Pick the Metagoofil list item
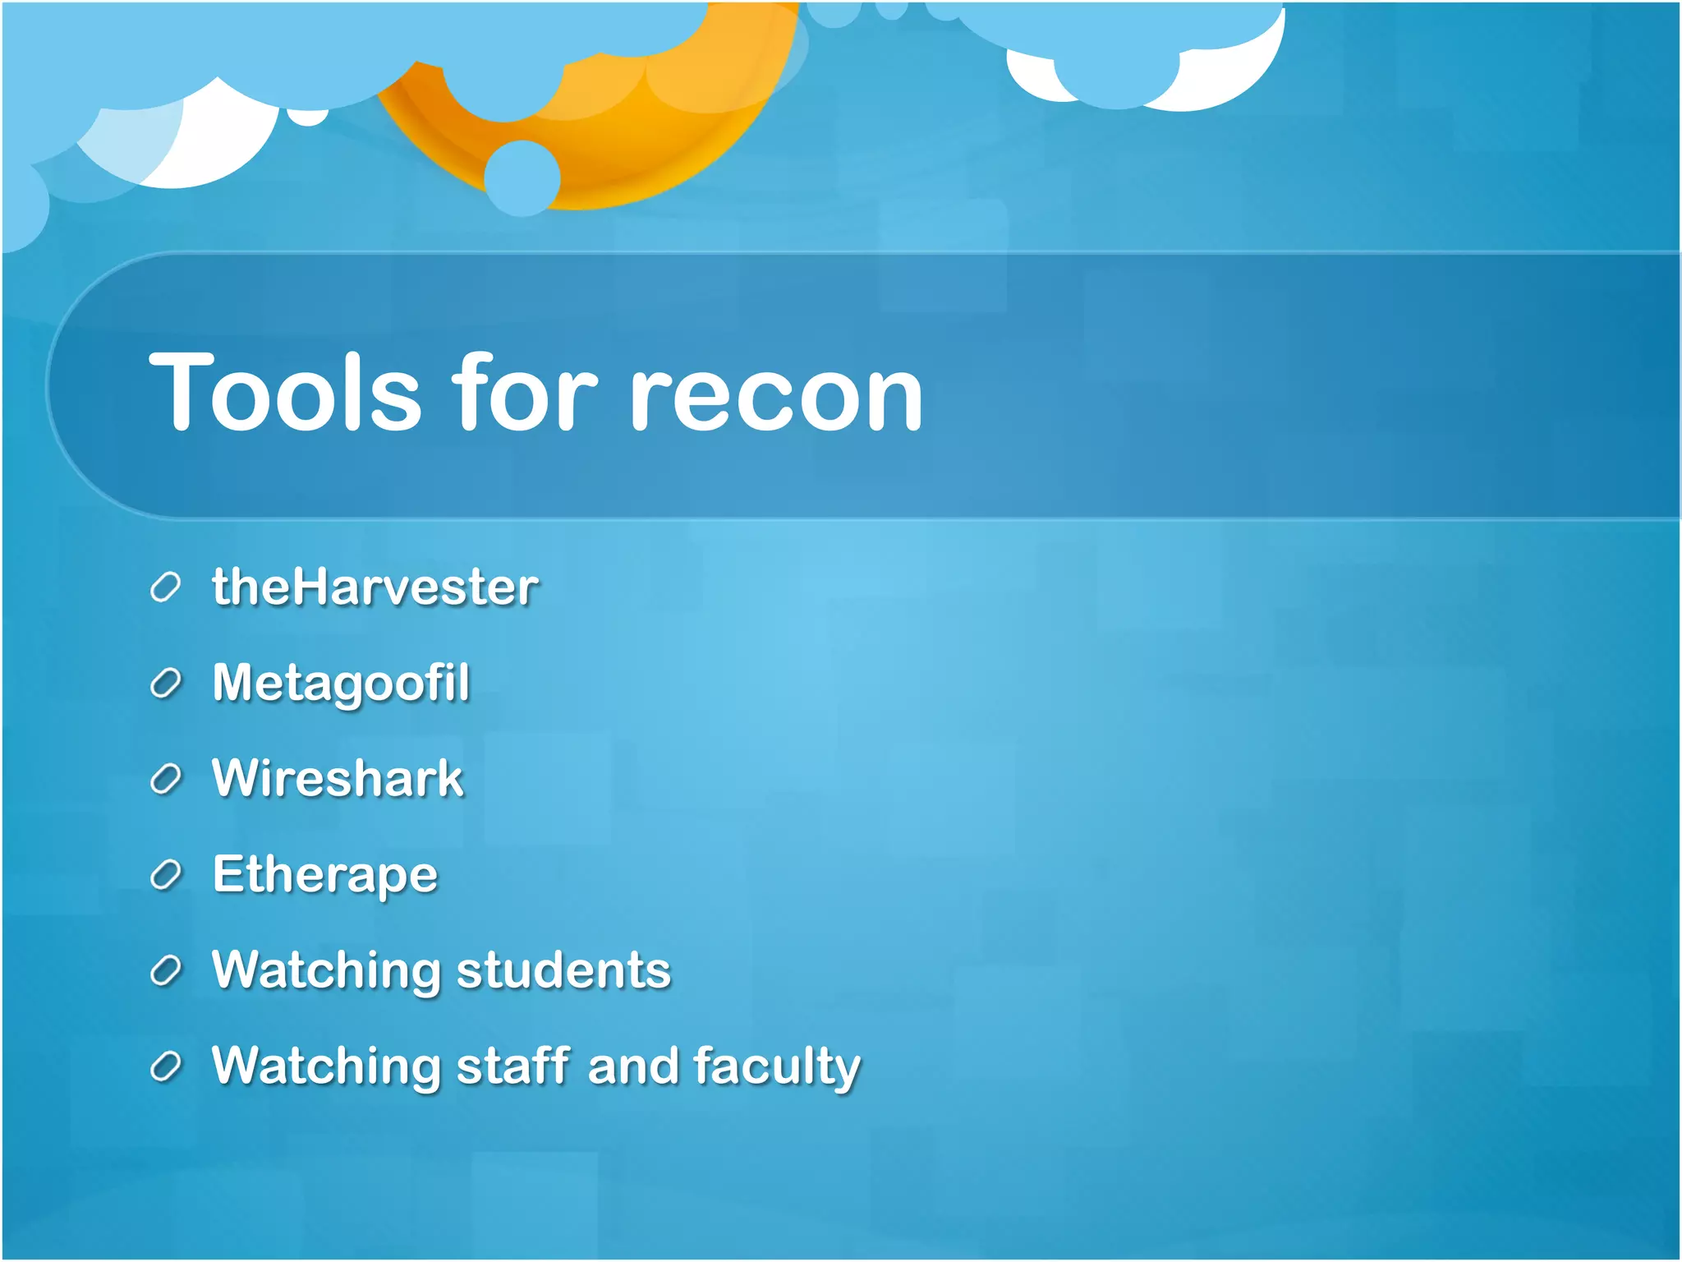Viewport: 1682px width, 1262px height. (x=341, y=683)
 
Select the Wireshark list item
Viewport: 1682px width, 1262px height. (x=338, y=778)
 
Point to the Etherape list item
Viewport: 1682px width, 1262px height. (x=325, y=874)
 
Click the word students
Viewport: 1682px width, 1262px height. (x=563, y=970)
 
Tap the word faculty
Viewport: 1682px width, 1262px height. (x=777, y=1067)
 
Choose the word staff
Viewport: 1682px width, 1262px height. (x=513, y=1066)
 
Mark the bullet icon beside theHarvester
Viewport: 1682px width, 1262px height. (x=165, y=588)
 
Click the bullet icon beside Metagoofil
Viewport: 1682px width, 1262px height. (x=165, y=684)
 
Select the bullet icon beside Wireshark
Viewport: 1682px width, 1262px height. (x=165, y=779)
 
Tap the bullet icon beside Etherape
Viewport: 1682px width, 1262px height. (x=165, y=875)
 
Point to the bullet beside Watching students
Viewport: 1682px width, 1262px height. (x=165, y=971)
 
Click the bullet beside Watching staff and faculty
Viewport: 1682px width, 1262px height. (x=165, y=1066)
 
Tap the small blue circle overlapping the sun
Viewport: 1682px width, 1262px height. (x=522, y=178)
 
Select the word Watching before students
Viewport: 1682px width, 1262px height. (x=325, y=970)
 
